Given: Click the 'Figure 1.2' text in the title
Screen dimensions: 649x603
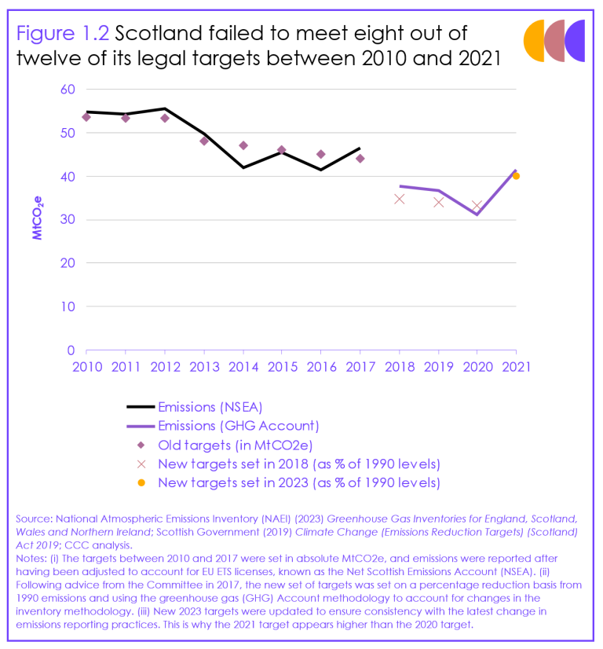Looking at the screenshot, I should tap(63, 33).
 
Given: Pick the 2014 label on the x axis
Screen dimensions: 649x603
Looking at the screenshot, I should tap(243, 367).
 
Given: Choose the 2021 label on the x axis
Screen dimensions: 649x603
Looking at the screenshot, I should tap(516, 367).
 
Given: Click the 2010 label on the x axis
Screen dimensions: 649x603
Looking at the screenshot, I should tap(86, 367).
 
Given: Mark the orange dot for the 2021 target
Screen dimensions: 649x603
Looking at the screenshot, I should tap(516, 176).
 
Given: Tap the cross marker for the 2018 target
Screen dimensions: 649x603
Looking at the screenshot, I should tap(399, 199).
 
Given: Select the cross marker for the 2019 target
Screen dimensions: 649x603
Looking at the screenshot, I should tap(438, 202).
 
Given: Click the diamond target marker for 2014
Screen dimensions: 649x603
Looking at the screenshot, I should tap(243, 145).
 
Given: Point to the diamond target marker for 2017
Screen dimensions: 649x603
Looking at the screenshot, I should tap(360, 158).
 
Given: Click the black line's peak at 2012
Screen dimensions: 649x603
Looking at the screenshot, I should tap(164, 108).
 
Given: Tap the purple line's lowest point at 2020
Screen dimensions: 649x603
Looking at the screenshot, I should tap(477, 214).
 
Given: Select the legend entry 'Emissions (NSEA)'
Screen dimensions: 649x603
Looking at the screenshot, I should tap(210, 407).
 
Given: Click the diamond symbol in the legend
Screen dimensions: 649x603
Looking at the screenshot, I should tap(141, 445).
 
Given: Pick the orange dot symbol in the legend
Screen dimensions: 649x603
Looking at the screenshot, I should tap(141, 482).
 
